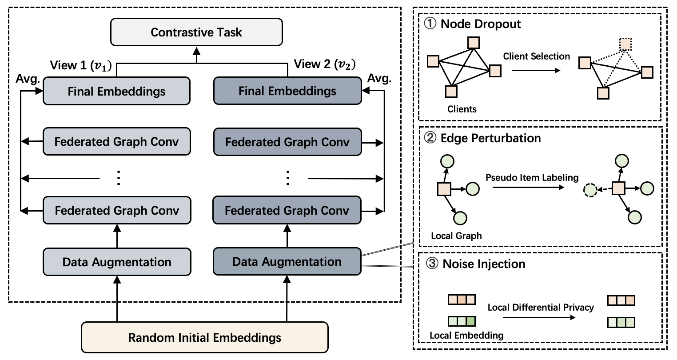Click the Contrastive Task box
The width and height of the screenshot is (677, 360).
196,32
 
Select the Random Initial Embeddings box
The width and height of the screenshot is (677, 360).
204,337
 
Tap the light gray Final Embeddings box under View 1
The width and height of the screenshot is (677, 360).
116,91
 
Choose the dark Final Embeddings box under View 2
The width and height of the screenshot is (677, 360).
287,91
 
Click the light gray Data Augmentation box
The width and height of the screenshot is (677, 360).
117,262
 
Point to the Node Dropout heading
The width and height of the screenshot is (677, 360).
480,24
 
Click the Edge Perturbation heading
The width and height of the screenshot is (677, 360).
490,138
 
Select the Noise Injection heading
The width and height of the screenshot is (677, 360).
484,264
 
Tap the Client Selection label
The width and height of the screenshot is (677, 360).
536,56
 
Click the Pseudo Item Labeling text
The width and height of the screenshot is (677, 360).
532,178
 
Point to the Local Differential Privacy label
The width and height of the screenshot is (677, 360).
541,307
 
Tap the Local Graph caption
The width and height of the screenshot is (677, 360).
456,236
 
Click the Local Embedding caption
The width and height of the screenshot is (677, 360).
466,335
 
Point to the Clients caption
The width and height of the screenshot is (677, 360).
462,109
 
